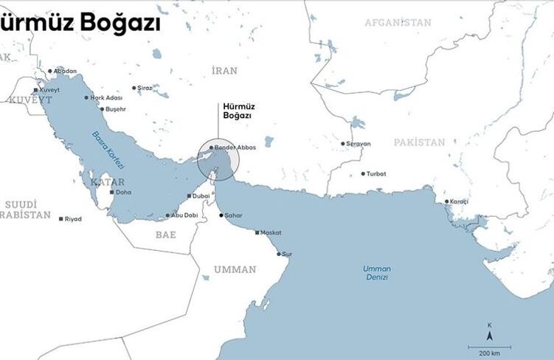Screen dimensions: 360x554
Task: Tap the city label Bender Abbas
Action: (x=235, y=148)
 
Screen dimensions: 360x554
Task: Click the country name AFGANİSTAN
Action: (x=398, y=23)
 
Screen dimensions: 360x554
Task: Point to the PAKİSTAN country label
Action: (x=419, y=142)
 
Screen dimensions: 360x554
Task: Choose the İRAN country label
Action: (x=224, y=71)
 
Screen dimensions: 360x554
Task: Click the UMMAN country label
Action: (x=235, y=269)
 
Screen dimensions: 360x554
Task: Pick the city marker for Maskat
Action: (x=257, y=232)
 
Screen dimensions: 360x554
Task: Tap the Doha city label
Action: (x=123, y=192)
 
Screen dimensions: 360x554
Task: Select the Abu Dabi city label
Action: (x=184, y=215)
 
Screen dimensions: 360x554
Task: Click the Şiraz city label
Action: (x=145, y=88)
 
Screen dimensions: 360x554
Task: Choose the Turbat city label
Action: (x=375, y=174)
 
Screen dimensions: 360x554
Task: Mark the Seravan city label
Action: (x=359, y=143)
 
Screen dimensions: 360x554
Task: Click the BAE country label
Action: (x=165, y=234)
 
